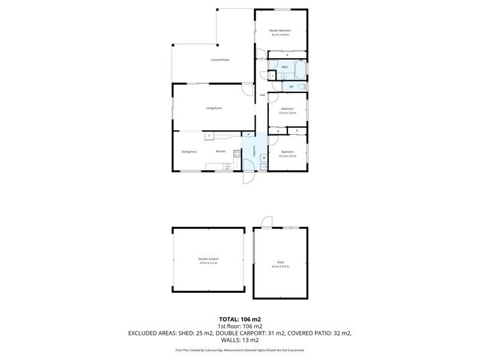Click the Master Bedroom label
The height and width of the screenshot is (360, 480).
coord(280,31)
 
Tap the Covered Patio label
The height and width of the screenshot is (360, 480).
coord(220,60)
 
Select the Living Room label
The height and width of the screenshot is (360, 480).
coord(214,108)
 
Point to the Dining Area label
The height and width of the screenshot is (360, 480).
coord(189,151)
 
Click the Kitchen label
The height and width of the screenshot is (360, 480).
coord(221,151)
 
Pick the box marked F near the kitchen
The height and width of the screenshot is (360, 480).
coord(209,136)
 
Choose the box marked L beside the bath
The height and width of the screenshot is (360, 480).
coord(273,76)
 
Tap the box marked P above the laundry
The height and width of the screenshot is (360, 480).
coord(248,134)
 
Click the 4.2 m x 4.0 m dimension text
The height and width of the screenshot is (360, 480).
coord(280,35)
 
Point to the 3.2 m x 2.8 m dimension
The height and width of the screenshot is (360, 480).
coord(287,113)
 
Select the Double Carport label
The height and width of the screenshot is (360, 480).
coord(208,259)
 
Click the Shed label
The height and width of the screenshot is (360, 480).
coord(280,262)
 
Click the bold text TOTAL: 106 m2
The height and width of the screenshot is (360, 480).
coord(239,319)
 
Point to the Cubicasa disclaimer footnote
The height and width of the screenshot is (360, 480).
coord(239,350)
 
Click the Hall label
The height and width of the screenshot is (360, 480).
coord(262,95)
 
